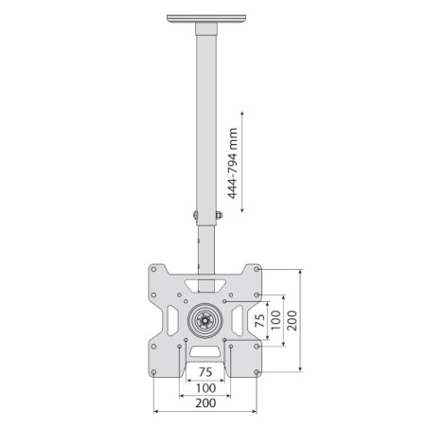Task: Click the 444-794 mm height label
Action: [233, 164]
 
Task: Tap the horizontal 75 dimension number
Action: [205, 372]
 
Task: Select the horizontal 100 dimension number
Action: [205, 388]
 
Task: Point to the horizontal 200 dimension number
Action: [205, 403]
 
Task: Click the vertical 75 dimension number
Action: [260, 320]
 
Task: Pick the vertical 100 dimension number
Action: [276, 320]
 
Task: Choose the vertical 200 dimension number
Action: [292, 320]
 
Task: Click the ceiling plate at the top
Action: [206, 18]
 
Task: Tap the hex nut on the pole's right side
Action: [219, 215]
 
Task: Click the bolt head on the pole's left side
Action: [195, 215]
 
